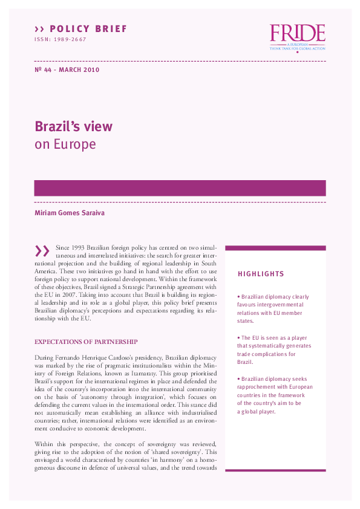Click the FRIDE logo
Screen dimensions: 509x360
[x=297, y=37]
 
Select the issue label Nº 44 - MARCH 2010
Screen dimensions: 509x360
[x=67, y=70]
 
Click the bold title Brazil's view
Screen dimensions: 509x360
[x=73, y=127]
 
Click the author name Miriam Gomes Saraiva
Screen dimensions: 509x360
[x=68, y=212]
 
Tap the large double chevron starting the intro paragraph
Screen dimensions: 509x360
[x=42, y=251]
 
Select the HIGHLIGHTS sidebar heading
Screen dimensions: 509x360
[x=261, y=274]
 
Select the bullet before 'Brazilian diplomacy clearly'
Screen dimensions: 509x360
[x=239, y=297]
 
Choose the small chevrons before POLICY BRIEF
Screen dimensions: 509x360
[x=39, y=29]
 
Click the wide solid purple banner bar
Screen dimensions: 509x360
[x=180, y=188]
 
